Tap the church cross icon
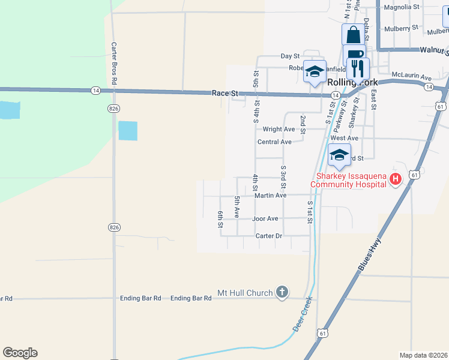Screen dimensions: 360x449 [282, 293]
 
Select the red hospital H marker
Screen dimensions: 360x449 [395, 179]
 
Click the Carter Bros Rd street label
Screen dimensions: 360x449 [113, 62]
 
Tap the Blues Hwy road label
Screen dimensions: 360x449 [370, 256]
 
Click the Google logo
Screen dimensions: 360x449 [20, 353]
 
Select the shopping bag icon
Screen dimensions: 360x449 [353, 34]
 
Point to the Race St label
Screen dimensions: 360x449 [226, 94]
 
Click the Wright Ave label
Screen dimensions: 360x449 [279, 129]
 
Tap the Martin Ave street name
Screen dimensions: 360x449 [270, 196]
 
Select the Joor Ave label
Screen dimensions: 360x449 [265, 219]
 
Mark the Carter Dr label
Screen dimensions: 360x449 [268, 236]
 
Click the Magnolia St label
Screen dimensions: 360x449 [402, 7]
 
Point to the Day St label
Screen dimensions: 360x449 [290, 56]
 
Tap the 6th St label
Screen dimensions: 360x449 [221, 219]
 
